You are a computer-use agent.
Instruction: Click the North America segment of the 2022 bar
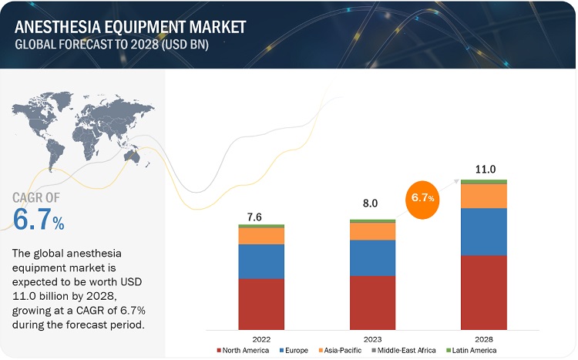pyautogui.click(x=261, y=304)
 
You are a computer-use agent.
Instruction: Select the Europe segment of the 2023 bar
pyautogui.click(x=372, y=257)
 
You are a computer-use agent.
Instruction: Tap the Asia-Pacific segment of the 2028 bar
pyautogui.click(x=484, y=196)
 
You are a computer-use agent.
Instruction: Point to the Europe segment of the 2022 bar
pyautogui.click(x=261, y=261)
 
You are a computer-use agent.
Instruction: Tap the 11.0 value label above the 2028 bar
pyautogui.click(x=484, y=168)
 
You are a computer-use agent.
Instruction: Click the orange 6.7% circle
pyautogui.click(x=422, y=198)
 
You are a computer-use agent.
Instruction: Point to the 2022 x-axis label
pyautogui.click(x=261, y=339)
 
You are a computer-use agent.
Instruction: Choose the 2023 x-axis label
pyautogui.click(x=372, y=339)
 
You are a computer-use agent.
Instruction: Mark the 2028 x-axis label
pyautogui.click(x=484, y=339)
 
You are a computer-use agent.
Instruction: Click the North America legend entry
pyautogui.click(x=244, y=351)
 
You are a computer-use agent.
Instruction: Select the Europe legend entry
pyautogui.click(x=296, y=351)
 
